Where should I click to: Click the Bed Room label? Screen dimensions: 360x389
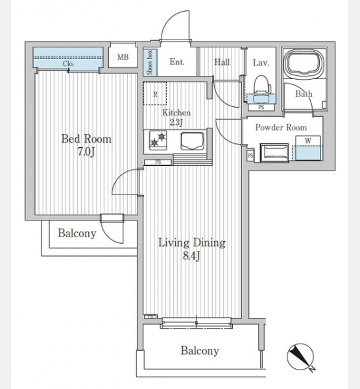86,139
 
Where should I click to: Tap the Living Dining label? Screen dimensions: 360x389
192,242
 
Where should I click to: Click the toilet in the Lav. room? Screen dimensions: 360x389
261,88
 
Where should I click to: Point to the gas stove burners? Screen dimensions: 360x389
158,140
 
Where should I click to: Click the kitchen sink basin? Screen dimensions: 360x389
193,141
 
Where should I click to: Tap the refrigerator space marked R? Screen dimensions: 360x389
155,94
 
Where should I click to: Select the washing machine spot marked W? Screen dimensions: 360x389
308,148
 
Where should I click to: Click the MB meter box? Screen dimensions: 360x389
123,57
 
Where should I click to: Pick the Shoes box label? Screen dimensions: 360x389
149,62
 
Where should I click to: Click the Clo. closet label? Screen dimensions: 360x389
68,64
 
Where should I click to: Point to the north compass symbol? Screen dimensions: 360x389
301,357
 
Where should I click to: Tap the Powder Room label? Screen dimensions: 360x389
281,128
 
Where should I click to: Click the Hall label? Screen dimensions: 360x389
222,62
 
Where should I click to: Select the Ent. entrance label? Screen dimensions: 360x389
177,62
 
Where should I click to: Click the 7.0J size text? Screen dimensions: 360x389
86,152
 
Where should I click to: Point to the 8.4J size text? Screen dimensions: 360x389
191,256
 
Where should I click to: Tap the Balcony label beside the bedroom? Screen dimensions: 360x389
77,233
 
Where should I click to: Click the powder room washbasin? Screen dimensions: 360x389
274,152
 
